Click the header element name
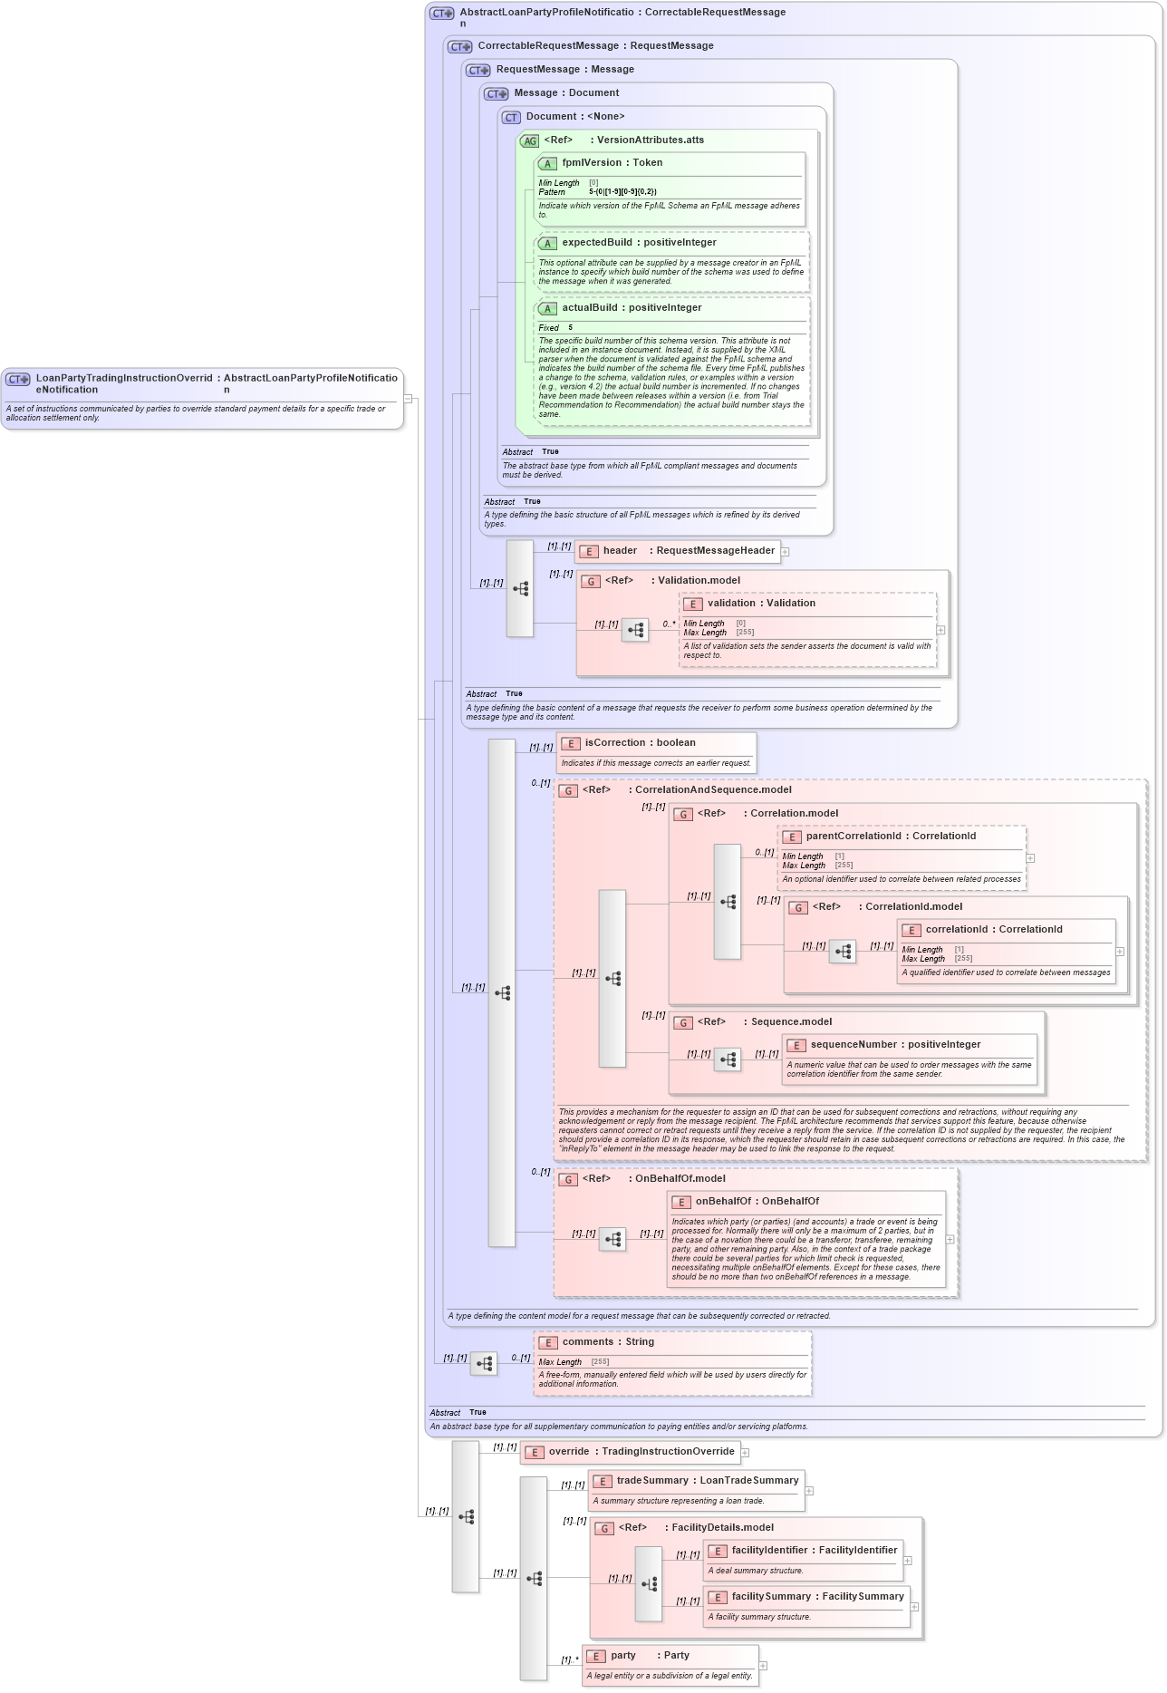tap(620, 550)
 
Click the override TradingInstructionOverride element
tap(641, 1451)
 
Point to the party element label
tap(622, 1655)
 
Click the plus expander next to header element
tap(785, 551)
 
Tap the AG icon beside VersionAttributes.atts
tap(529, 140)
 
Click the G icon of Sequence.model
tap(683, 1022)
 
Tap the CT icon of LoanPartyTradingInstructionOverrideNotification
tap(17, 379)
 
